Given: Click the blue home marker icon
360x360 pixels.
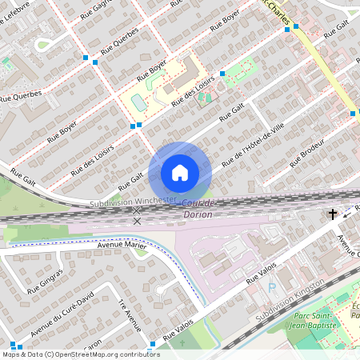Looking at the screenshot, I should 180,172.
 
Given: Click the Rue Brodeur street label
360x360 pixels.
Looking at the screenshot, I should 306,152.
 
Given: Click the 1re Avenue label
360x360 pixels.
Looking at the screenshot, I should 129,317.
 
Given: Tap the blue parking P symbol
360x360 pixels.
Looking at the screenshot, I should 271,287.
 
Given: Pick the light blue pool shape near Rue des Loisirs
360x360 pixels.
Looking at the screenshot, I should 139,102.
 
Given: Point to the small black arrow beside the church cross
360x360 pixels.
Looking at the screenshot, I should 348,212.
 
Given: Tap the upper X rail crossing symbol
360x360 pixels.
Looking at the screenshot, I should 137,210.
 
